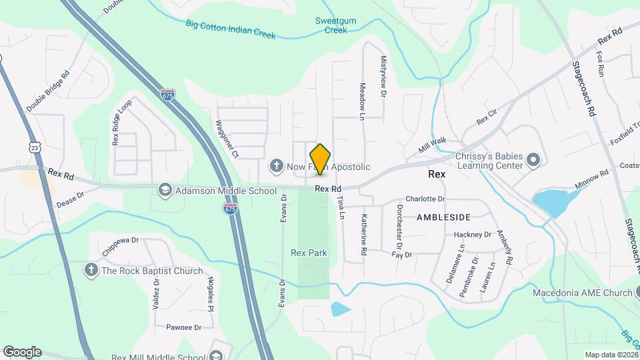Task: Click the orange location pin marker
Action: (x=321, y=159)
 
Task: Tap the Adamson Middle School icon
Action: (x=163, y=191)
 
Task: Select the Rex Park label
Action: (x=309, y=253)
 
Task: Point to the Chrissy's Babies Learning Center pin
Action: (x=533, y=159)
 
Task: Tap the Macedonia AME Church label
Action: (x=582, y=293)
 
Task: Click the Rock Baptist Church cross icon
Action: (x=91, y=270)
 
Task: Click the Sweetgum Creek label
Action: (x=335, y=25)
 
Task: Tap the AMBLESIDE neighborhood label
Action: (x=443, y=217)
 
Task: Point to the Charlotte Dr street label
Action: (x=425, y=199)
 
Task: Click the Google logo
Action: (x=21, y=352)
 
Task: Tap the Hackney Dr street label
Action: (x=472, y=235)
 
